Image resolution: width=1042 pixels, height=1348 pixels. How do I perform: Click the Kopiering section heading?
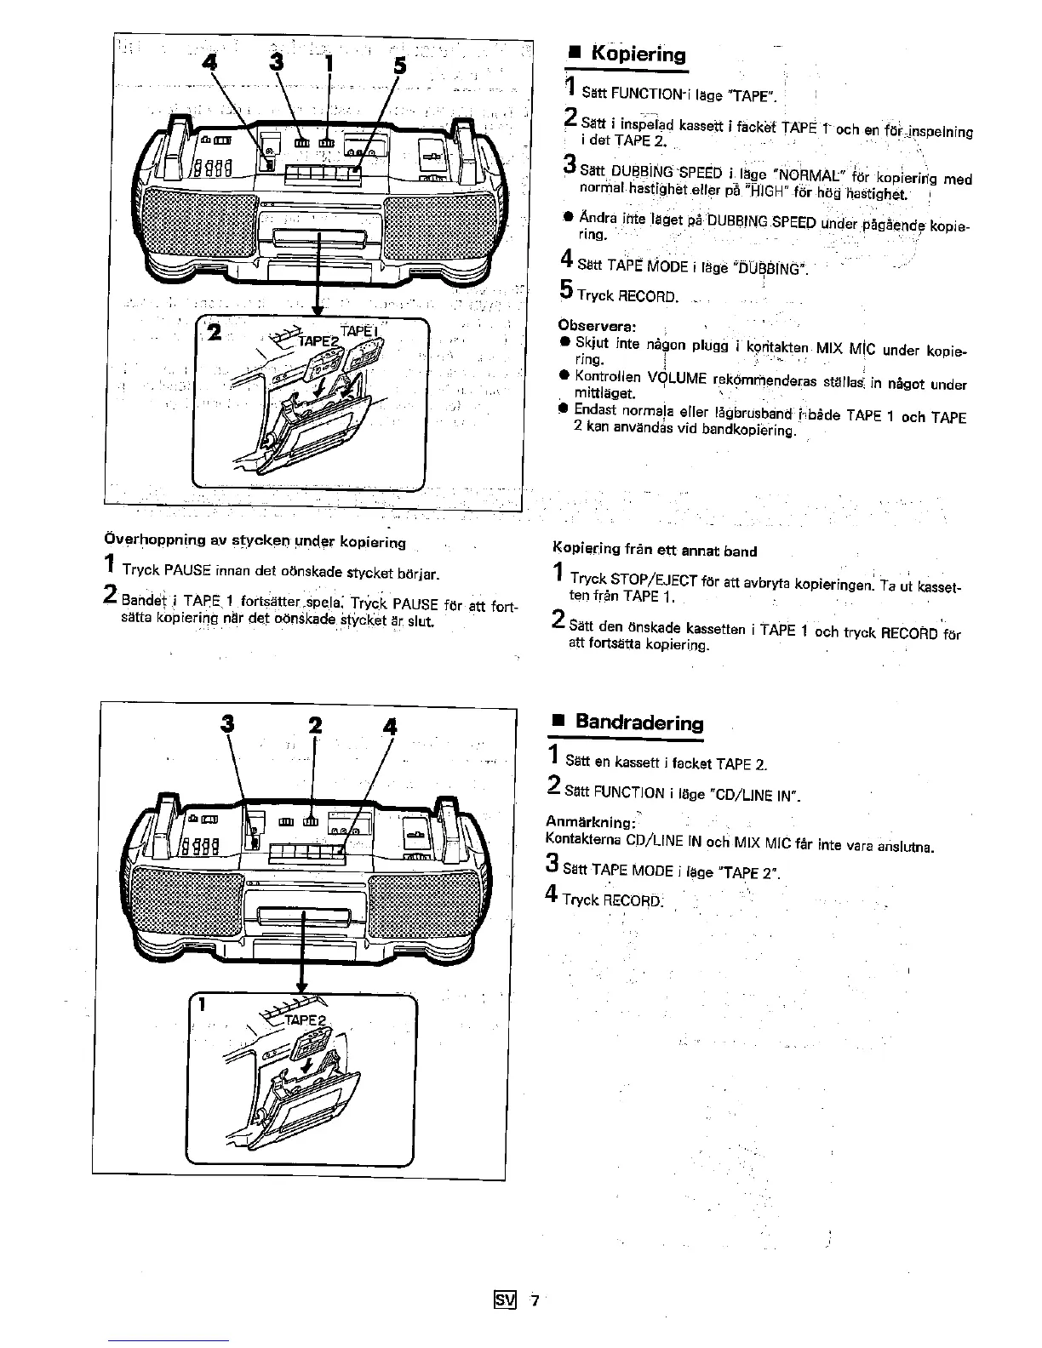[x=638, y=54]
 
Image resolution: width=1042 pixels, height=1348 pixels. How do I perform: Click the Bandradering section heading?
[x=639, y=723]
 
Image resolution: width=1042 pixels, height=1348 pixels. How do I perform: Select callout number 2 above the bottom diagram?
[x=316, y=726]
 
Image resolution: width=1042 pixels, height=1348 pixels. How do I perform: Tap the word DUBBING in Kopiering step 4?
[x=770, y=270]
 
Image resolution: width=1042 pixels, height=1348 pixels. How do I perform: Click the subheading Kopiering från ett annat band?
[x=655, y=551]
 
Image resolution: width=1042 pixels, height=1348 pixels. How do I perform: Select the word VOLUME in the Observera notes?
[x=673, y=380]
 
